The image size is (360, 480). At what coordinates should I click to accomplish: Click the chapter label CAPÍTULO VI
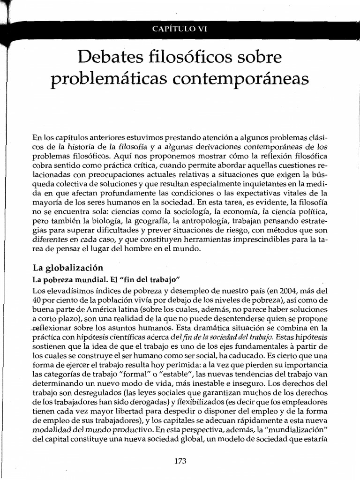[x=180, y=29]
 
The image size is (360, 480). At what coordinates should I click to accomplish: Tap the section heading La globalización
[x=67, y=268]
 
